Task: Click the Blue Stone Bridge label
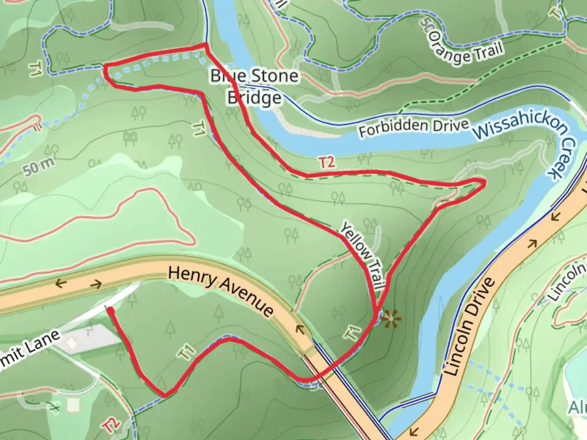coord(254,86)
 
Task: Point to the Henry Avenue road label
coord(221,291)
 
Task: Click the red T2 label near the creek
coord(327,163)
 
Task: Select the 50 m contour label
coord(38,167)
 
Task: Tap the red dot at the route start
coord(110,311)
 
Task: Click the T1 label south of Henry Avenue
coord(187,352)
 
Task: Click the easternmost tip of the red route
coord(484,184)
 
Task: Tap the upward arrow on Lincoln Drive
coord(532,244)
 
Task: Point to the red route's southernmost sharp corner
coord(165,395)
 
